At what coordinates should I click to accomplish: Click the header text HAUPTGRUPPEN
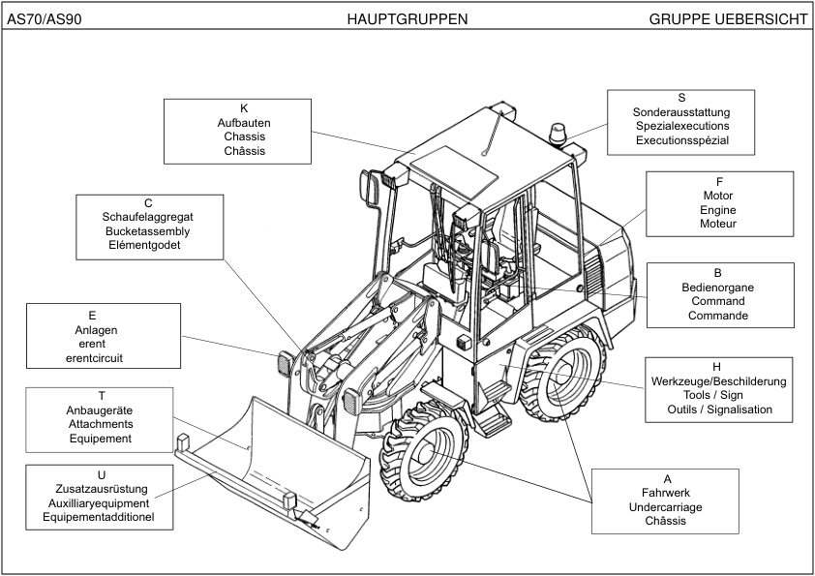(x=407, y=18)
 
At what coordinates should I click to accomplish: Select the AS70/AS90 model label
(x=44, y=18)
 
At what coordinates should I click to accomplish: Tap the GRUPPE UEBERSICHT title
(x=728, y=18)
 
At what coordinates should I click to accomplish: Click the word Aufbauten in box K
(x=244, y=123)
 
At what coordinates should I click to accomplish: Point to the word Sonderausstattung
(x=681, y=112)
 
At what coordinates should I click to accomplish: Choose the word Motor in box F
(x=718, y=196)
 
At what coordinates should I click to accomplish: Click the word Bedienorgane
(x=718, y=288)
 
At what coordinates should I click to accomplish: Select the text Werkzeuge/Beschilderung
(x=716, y=381)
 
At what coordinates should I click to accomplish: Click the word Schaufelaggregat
(x=148, y=217)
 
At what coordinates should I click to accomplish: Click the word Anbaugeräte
(x=101, y=410)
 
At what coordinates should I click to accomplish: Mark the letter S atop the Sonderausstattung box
(x=681, y=98)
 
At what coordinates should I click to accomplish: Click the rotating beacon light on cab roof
(x=558, y=135)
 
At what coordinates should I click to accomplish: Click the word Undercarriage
(x=665, y=507)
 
